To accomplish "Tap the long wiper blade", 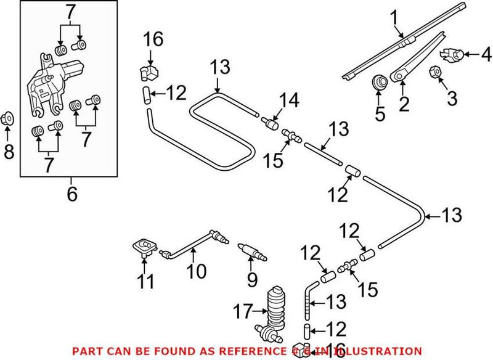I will [x=407, y=40].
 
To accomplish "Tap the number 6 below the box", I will [x=72, y=195].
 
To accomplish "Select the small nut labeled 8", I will [x=8, y=117].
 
